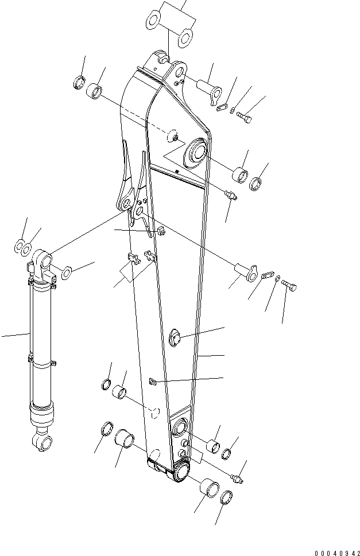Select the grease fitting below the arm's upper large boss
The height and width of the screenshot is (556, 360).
[x=231, y=196]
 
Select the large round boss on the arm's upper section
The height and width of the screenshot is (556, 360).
[x=195, y=152]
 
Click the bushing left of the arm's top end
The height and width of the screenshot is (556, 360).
[x=95, y=91]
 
